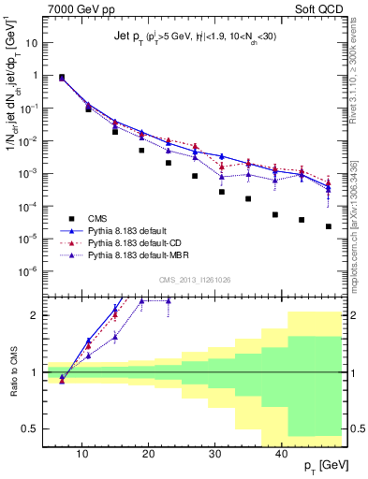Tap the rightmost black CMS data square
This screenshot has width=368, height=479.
click(x=329, y=226)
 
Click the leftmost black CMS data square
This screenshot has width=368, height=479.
click(x=62, y=77)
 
